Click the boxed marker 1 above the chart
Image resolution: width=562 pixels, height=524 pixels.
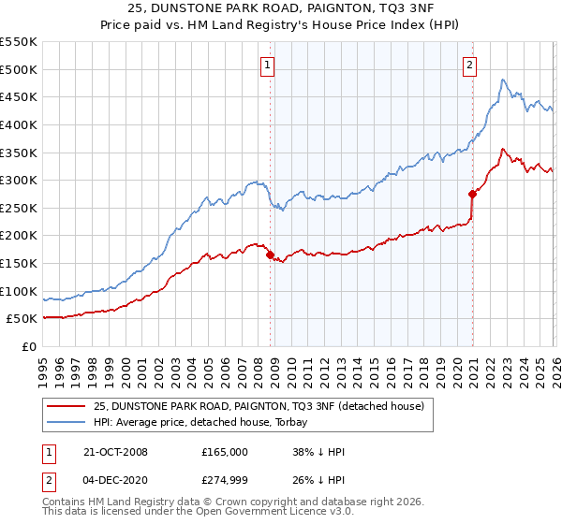[268, 65]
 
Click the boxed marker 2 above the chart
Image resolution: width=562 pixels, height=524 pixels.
[468, 65]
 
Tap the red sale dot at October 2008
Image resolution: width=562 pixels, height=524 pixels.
[270, 255]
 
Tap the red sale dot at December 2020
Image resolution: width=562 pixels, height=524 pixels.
[472, 194]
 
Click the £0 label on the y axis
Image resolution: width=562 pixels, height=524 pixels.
[30, 346]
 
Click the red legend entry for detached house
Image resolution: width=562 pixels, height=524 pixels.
[259, 406]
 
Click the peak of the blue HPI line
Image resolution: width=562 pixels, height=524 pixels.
[503, 80]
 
